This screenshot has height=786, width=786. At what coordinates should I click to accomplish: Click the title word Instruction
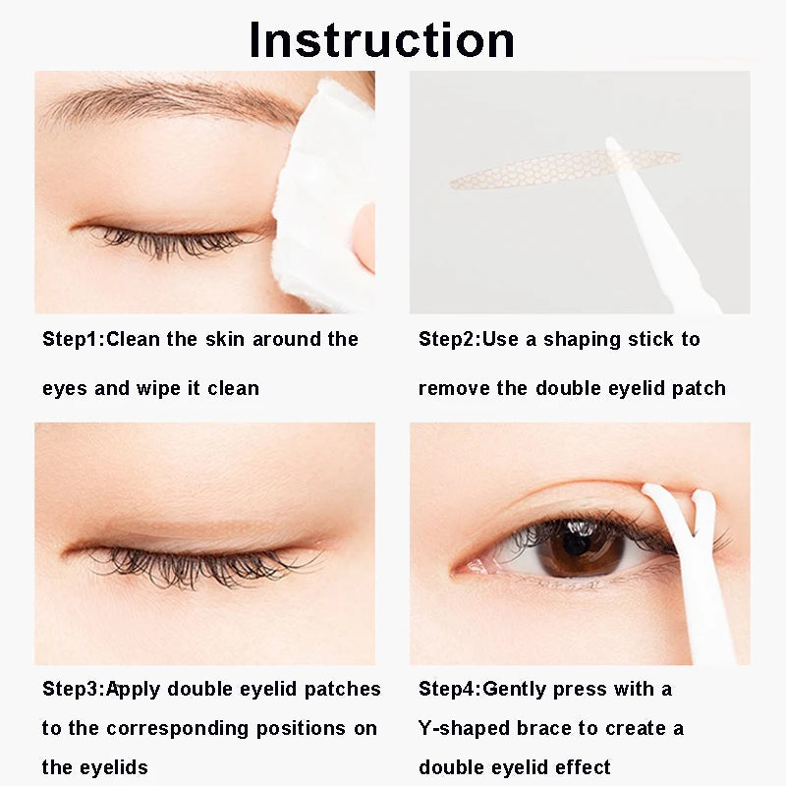[x=381, y=39]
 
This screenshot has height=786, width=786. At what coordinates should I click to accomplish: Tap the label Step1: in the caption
[x=73, y=339]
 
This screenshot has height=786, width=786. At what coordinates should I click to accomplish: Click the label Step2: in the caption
[x=449, y=339]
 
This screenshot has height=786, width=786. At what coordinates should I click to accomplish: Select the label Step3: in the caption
[x=73, y=689]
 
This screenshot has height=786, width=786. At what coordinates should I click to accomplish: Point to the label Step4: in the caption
[x=449, y=689]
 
